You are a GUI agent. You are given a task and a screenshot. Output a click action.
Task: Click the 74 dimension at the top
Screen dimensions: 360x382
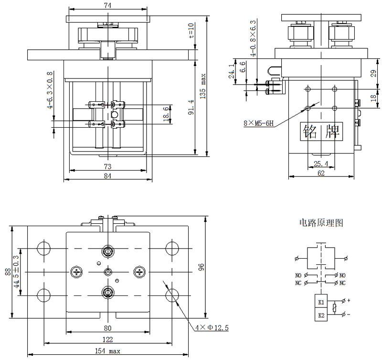pos(108,5)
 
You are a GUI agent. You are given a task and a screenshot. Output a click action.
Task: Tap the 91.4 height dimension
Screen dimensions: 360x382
pos(191,108)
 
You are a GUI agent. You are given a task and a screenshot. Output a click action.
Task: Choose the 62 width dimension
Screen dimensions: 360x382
pos(321,174)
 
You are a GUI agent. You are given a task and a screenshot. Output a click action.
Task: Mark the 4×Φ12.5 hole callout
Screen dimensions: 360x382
pos(212,327)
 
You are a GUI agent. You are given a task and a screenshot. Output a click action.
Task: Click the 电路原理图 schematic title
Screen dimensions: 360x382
pos(321,223)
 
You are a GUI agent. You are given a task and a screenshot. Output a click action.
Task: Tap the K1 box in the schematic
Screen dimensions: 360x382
pos(321,302)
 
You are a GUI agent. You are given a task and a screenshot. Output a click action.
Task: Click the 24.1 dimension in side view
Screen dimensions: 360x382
pos(232,72)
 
